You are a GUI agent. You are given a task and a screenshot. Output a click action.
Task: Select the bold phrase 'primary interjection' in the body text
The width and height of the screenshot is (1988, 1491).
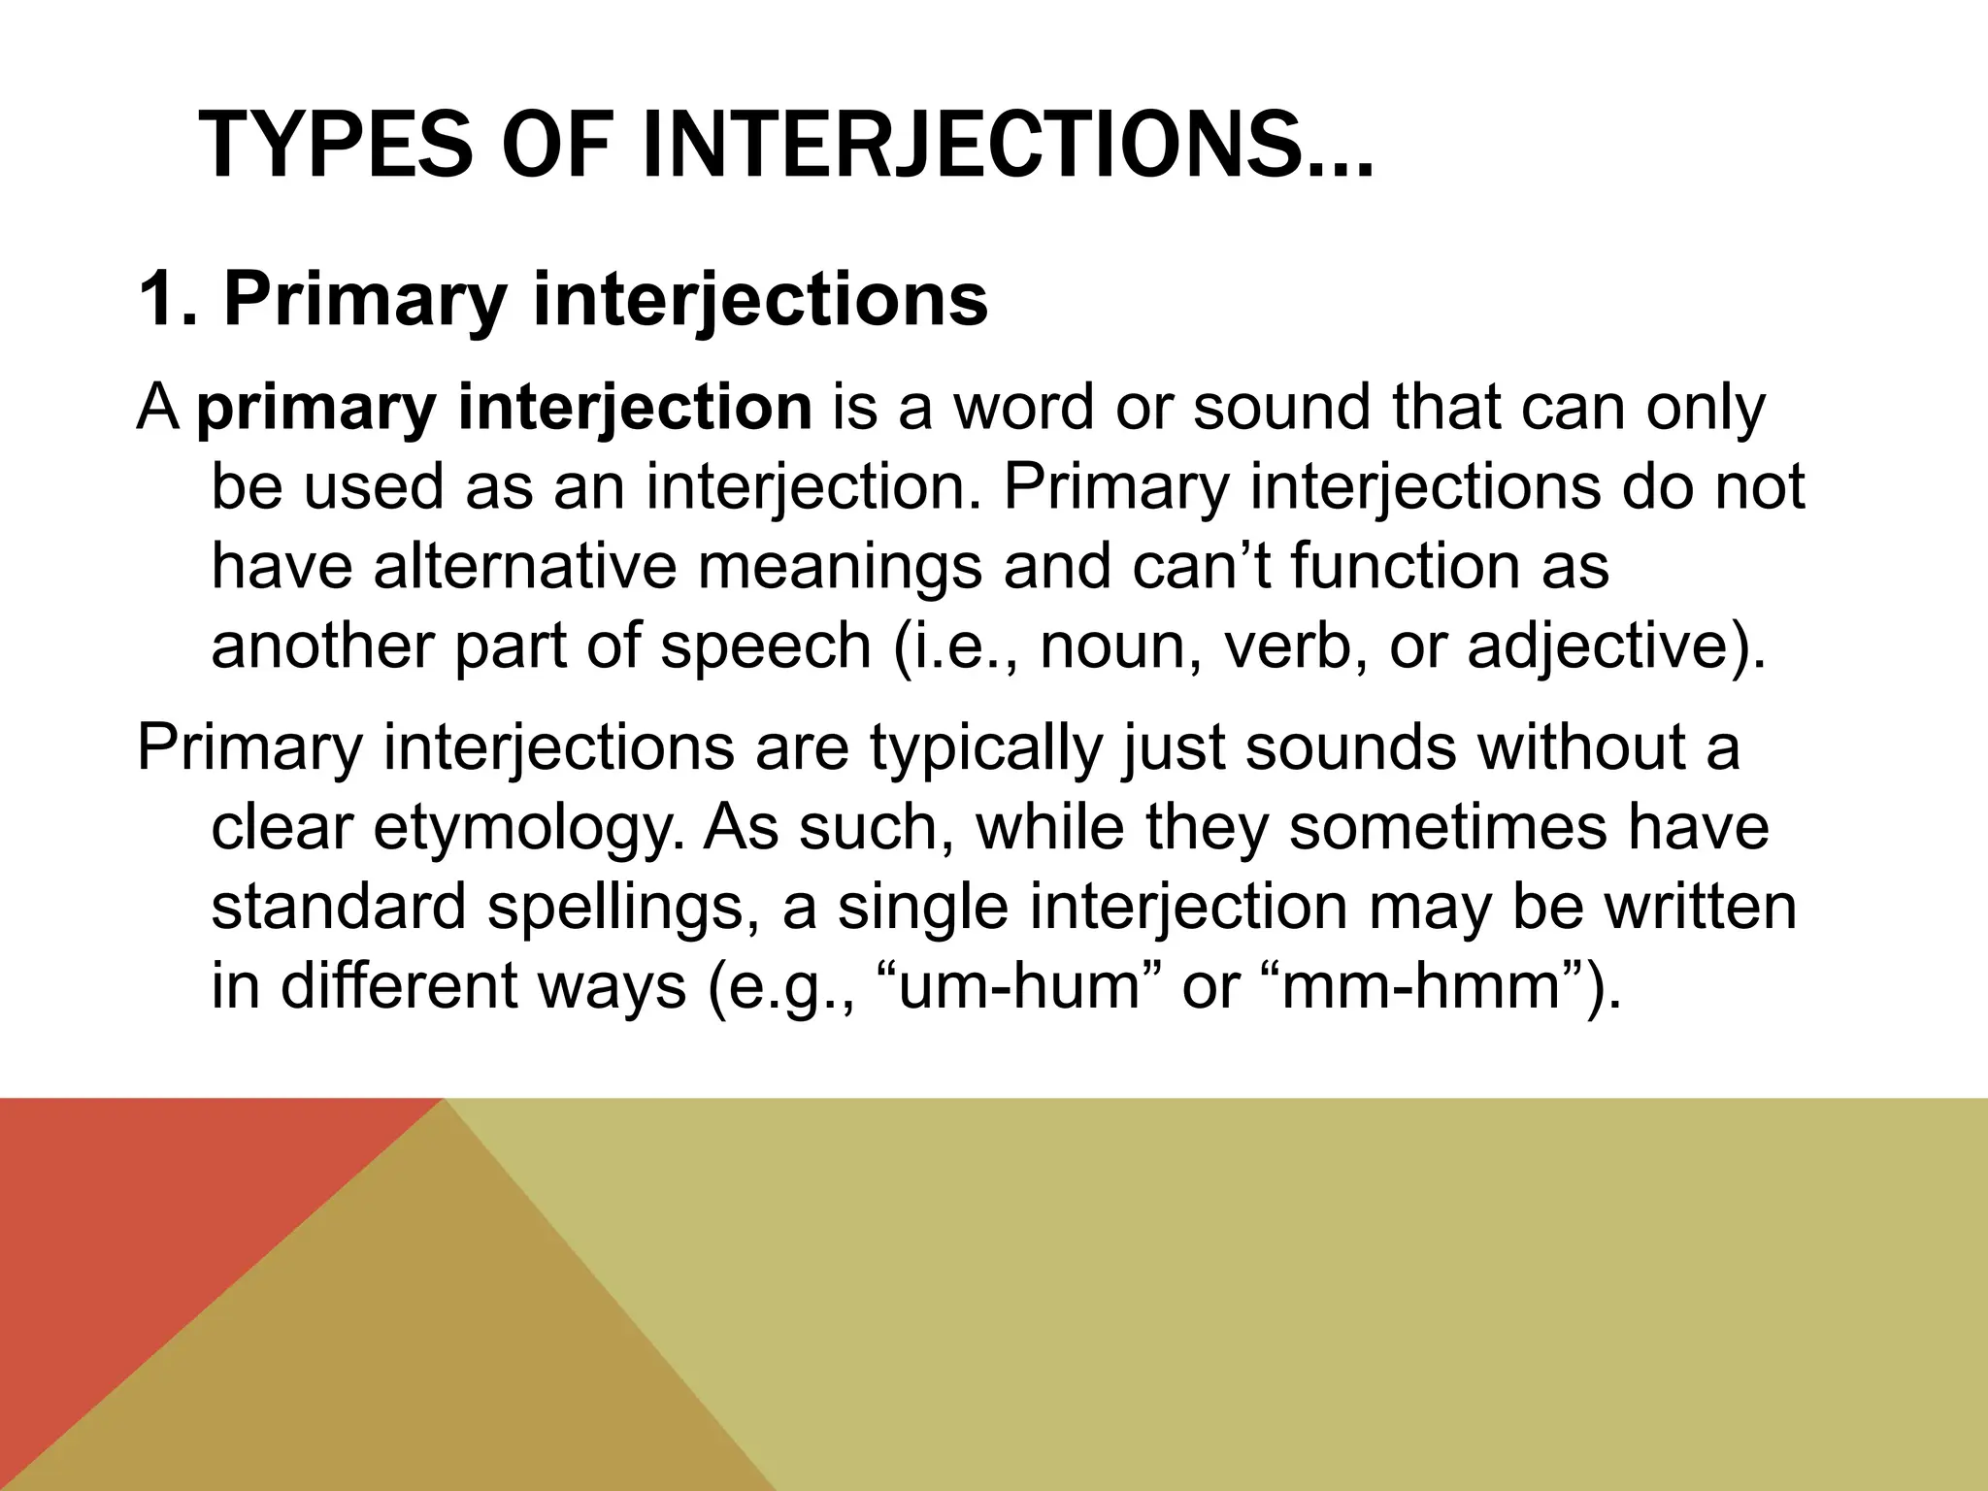tap(504, 409)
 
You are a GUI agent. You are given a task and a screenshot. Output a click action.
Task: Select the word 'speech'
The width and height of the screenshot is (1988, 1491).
tap(766, 646)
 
